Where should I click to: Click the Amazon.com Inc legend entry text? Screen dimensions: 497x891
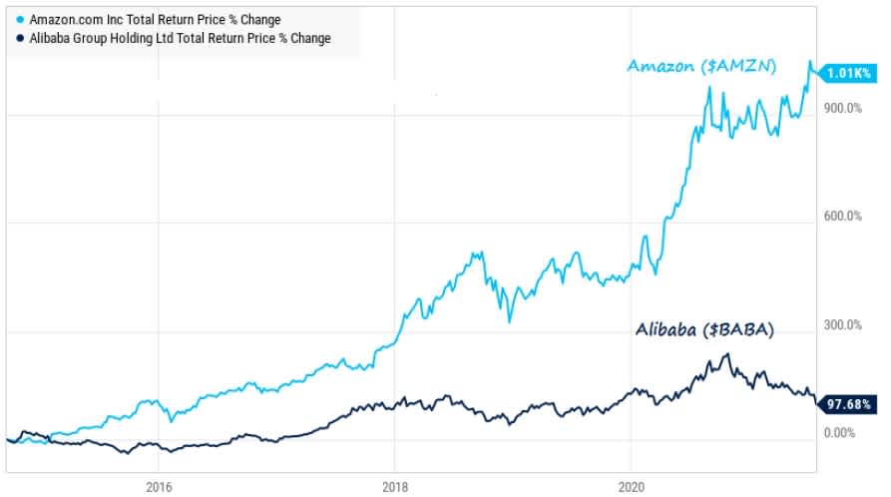click(x=155, y=20)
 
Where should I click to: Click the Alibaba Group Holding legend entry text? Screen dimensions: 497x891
click(x=180, y=39)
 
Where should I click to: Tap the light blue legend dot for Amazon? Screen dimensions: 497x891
click(x=21, y=20)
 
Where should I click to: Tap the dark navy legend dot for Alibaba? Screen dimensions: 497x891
click(x=21, y=39)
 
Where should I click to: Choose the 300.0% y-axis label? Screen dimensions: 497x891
click(x=843, y=324)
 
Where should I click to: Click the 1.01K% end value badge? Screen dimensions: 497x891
click(x=847, y=72)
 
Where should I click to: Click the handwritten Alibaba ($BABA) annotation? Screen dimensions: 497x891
click(x=707, y=329)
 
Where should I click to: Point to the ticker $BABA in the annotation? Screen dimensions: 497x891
click(x=743, y=330)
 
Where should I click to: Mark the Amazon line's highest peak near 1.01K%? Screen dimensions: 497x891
click(x=810, y=62)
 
